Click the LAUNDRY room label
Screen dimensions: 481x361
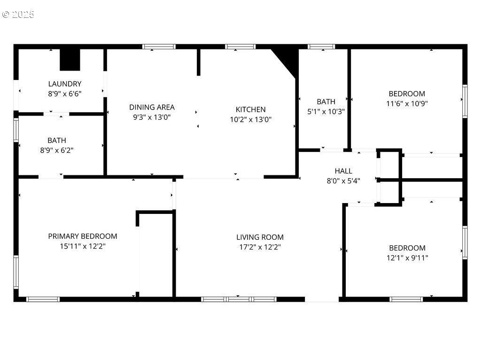(x=65, y=84)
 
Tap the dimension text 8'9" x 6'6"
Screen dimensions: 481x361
(x=65, y=94)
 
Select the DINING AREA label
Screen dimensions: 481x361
(x=152, y=107)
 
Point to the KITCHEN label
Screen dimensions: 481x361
(x=251, y=110)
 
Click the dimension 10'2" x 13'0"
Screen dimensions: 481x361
(x=251, y=119)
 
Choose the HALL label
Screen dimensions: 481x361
(x=343, y=171)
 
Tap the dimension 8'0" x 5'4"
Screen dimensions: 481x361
(x=343, y=181)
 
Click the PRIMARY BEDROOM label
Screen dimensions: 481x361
(x=83, y=236)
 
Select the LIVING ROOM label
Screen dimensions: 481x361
(x=260, y=237)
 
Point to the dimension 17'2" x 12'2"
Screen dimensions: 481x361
(x=260, y=247)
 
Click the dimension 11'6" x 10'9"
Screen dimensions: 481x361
(x=407, y=103)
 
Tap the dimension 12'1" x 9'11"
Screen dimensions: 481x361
(x=407, y=258)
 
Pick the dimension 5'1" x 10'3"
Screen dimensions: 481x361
(x=326, y=111)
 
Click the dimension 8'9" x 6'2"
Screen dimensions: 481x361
(x=57, y=150)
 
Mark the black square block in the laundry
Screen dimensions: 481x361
(x=70, y=60)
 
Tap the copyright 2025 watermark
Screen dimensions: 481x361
(x=18, y=15)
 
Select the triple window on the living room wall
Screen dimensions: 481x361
(x=239, y=299)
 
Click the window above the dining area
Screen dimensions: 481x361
(x=159, y=47)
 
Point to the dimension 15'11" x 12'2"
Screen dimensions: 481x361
(x=83, y=246)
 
